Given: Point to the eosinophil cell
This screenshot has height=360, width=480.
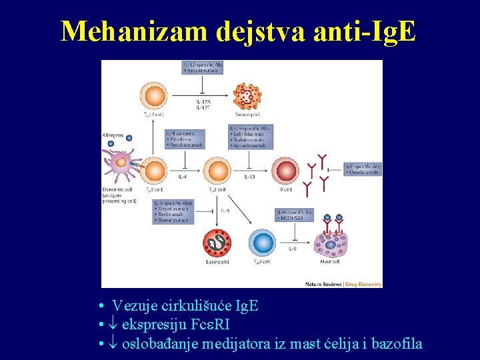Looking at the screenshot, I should (x=217, y=244).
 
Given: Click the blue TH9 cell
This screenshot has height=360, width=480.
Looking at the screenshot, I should (x=261, y=243).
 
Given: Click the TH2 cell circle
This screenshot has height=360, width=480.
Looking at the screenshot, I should (x=211, y=171).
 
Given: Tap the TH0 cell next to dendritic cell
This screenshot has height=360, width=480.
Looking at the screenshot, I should (x=155, y=171).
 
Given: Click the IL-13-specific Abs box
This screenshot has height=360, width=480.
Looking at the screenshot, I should (x=249, y=137).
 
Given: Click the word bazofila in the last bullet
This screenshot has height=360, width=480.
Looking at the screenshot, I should (x=396, y=344).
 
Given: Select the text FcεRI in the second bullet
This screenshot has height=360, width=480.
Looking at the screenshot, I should (x=209, y=325).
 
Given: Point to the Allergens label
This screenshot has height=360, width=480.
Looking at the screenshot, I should (x=113, y=135).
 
